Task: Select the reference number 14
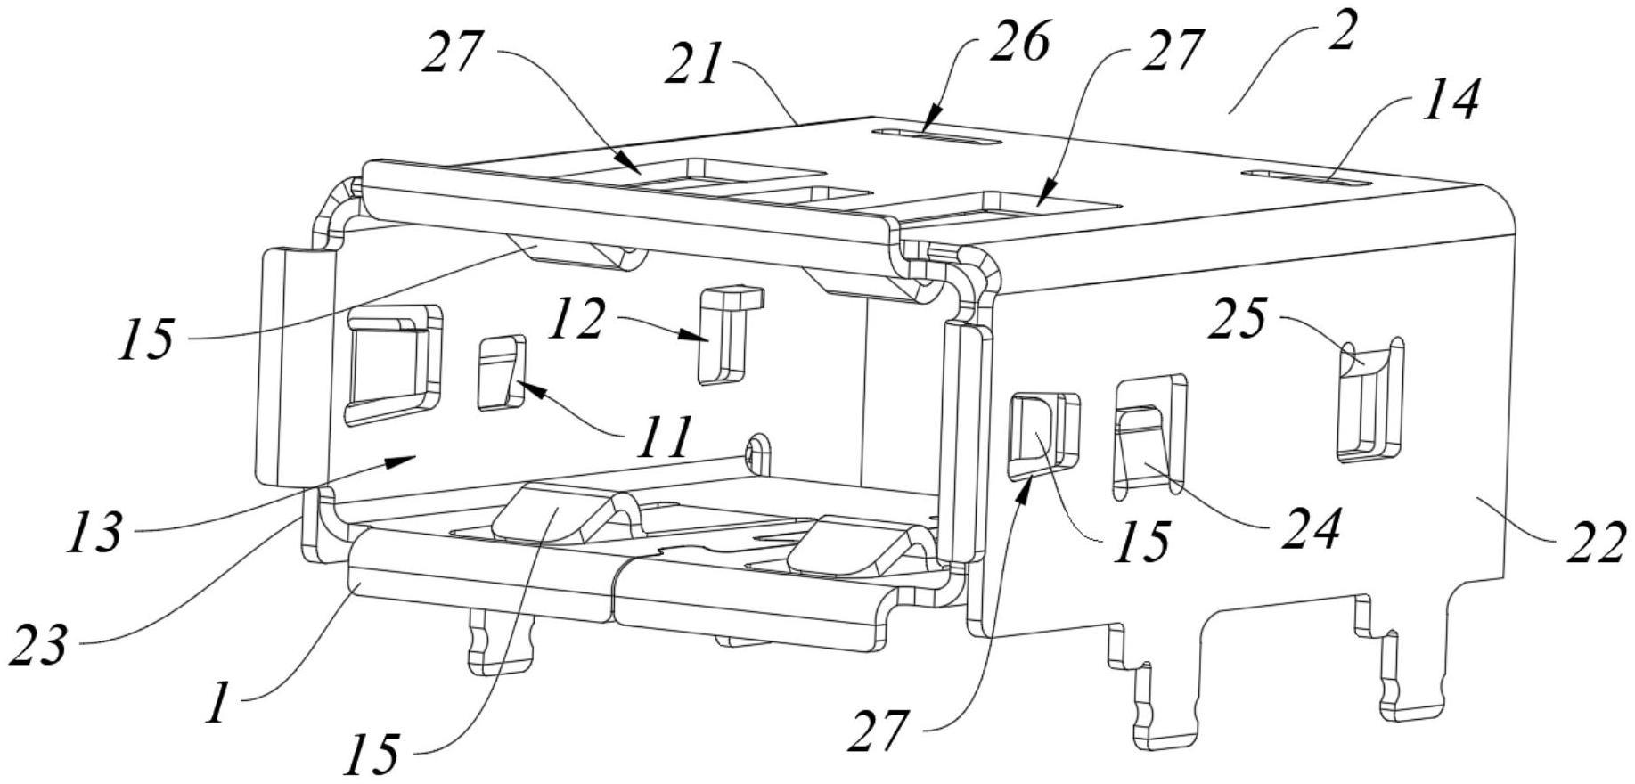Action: [1451, 100]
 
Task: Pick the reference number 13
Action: [95, 533]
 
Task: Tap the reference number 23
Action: [37, 644]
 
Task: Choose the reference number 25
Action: [1236, 318]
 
